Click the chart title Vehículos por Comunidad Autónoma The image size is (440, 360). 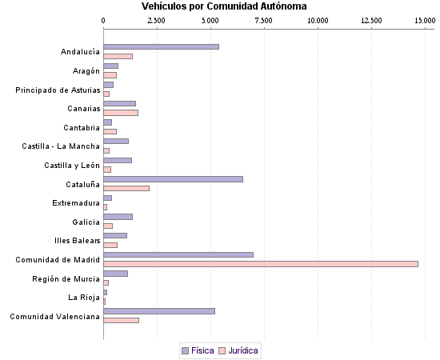point(218,6)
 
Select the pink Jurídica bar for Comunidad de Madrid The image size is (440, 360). point(261,264)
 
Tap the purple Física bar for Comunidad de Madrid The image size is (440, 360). point(178,254)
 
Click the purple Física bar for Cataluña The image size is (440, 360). point(173,179)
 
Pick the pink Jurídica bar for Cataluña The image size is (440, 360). point(126,189)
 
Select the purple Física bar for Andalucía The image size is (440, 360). point(161,47)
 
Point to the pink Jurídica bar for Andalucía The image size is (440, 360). point(118,56)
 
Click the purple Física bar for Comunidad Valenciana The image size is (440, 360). point(159,310)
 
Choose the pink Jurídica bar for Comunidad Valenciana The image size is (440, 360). point(122,320)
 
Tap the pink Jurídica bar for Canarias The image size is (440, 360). point(121,113)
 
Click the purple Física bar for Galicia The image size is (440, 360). point(118,217)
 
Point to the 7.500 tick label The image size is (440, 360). point(264,19)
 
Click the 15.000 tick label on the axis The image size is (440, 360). point(423,19)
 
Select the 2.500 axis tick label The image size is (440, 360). point(157,19)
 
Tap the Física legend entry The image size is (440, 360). point(198,350)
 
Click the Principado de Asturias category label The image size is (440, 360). point(58,90)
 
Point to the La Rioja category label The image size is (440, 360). point(83,297)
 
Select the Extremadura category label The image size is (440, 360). point(76,202)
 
